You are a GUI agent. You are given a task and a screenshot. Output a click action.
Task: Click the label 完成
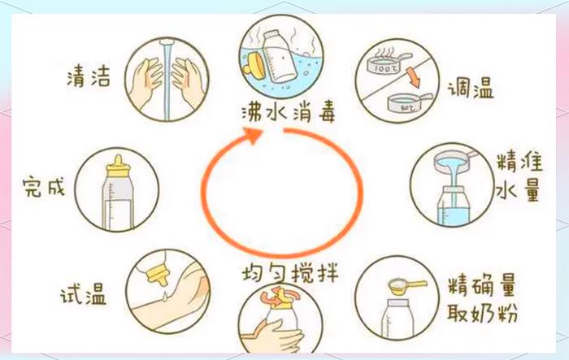43,189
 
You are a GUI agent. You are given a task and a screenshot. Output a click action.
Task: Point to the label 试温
84,292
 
